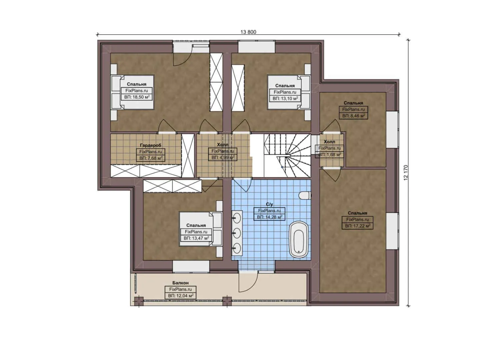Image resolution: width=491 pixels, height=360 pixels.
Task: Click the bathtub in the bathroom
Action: point(299,239)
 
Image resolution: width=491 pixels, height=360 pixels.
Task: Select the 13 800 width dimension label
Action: point(248,32)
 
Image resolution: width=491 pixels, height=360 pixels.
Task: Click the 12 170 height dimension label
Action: point(406,173)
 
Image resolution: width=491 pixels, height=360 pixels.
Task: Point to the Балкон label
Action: point(180,283)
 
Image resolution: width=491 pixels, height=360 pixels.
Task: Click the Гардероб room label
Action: point(150,145)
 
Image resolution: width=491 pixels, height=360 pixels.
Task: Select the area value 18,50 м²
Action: point(137,97)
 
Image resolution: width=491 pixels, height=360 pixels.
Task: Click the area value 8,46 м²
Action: point(354,116)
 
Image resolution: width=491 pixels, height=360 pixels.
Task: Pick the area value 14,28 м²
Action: point(269,217)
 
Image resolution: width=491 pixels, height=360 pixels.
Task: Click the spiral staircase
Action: point(287,155)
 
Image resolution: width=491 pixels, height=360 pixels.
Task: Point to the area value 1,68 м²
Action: point(329,155)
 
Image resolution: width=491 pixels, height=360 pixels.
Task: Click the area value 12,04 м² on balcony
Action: point(181,296)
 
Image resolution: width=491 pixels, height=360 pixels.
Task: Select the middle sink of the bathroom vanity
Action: point(237,233)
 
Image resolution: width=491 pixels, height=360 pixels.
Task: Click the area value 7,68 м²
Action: point(151,158)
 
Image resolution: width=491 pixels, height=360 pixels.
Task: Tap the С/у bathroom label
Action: point(269,204)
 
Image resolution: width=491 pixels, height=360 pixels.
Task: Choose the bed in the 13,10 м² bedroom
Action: point(289,92)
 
